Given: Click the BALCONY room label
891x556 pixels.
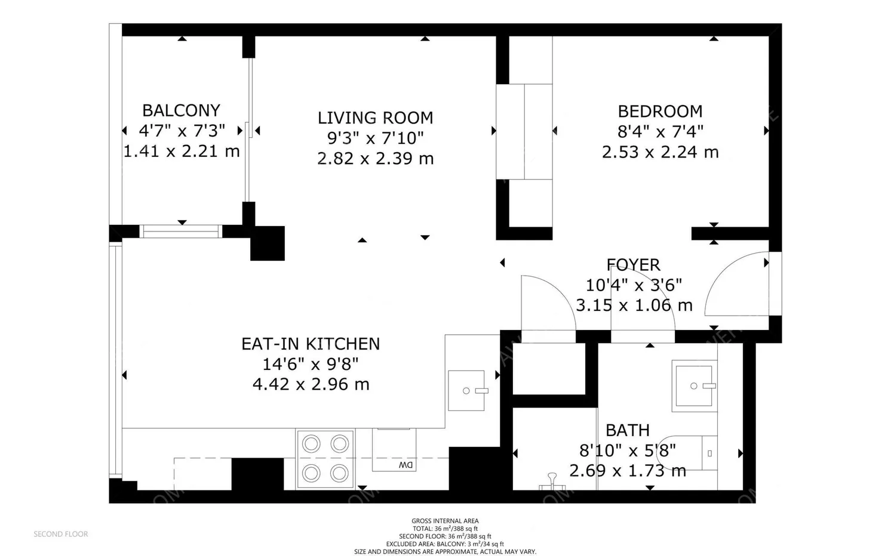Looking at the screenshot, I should pyautogui.click(x=181, y=110).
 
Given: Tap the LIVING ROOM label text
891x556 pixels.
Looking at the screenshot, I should pyautogui.click(x=375, y=118).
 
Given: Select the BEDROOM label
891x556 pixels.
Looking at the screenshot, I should pyautogui.click(x=660, y=112).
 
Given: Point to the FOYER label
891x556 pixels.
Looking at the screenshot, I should pyautogui.click(x=633, y=265).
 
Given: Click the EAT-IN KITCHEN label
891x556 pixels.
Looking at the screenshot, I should pyautogui.click(x=311, y=344).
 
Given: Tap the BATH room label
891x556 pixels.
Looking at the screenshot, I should pyautogui.click(x=627, y=430).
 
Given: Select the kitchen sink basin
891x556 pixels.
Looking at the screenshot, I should pyautogui.click(x=466, y=390).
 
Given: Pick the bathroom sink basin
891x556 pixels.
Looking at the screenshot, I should pyautogui.click(x=694, y=386).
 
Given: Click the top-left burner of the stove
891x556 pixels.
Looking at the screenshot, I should pyautogui.click(x=311, y=444).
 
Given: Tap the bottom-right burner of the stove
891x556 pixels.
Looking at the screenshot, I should pyautogui.click(x=339, y=473).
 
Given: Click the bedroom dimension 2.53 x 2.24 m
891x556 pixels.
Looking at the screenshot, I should pyautogui.click(x=660, y=152).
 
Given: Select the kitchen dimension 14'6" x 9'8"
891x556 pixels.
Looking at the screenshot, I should pyautogui.click(x=311, y=364).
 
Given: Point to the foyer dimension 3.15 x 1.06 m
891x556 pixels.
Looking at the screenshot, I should pyautogui.click(x=634, y=305).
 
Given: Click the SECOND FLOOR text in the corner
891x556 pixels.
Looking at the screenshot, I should pyautogui.click(x=60, y=534).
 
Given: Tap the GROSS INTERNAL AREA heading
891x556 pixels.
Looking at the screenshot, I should pyautogui.click(x=445, y=521).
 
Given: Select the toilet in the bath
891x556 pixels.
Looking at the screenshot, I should pyautogui.click(x=693, y=453).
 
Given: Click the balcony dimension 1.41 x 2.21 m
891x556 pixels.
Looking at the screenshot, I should pyautogui.click(x=181, y=151).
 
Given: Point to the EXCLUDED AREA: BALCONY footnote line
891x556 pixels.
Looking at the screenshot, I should pyautogui.click(x=445, y=544).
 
